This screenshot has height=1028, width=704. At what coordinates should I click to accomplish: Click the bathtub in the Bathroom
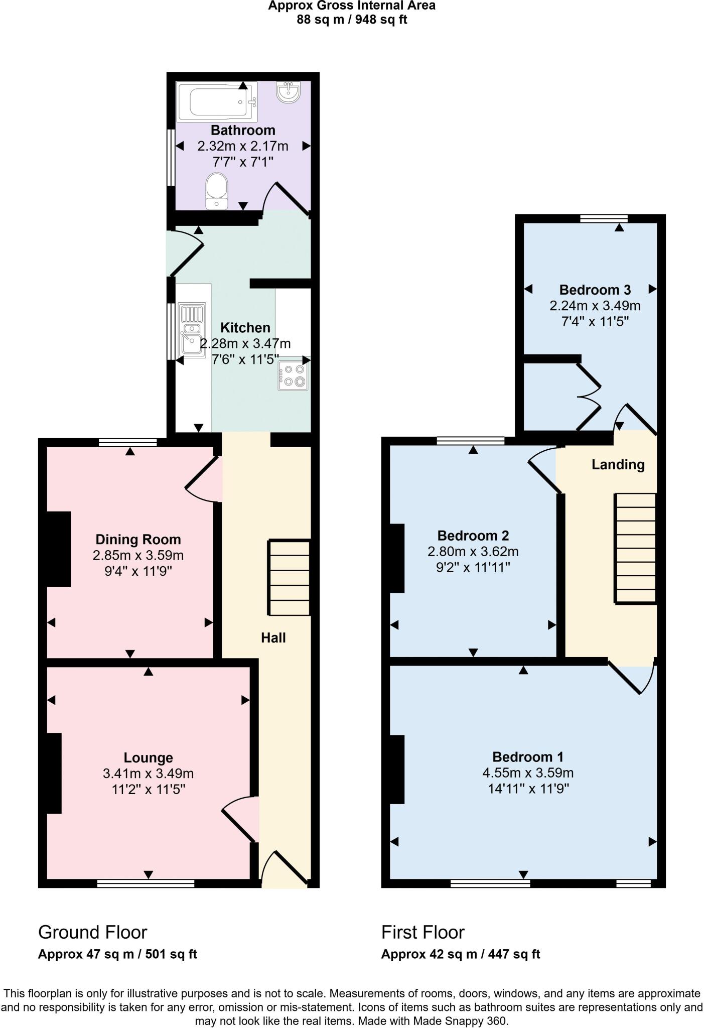(x=216, y=101)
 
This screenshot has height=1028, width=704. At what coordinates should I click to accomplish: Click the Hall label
(x=273, y=637)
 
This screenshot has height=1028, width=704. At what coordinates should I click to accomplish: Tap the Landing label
(x=618, y=464)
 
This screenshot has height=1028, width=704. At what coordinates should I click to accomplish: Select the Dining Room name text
(x=138, y=540)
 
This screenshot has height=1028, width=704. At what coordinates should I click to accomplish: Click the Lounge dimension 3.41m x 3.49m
(x=148, y=774)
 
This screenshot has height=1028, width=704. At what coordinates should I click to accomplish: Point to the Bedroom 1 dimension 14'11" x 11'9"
(x=528, y=789)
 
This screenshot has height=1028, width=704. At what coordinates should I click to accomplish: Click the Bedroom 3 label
(x=595, y=290)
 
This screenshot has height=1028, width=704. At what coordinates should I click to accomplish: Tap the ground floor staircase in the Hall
(x=290, y=577)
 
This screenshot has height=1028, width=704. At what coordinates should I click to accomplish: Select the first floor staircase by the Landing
(x=635, y=548)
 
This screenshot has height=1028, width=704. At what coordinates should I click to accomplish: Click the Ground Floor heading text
(x=92, y=932)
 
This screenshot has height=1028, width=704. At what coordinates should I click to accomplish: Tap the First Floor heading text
(x=423, y=932)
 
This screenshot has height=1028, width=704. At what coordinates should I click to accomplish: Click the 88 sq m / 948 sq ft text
(x=352, y=20)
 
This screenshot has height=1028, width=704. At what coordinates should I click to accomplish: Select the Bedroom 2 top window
(x=470, y=441)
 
